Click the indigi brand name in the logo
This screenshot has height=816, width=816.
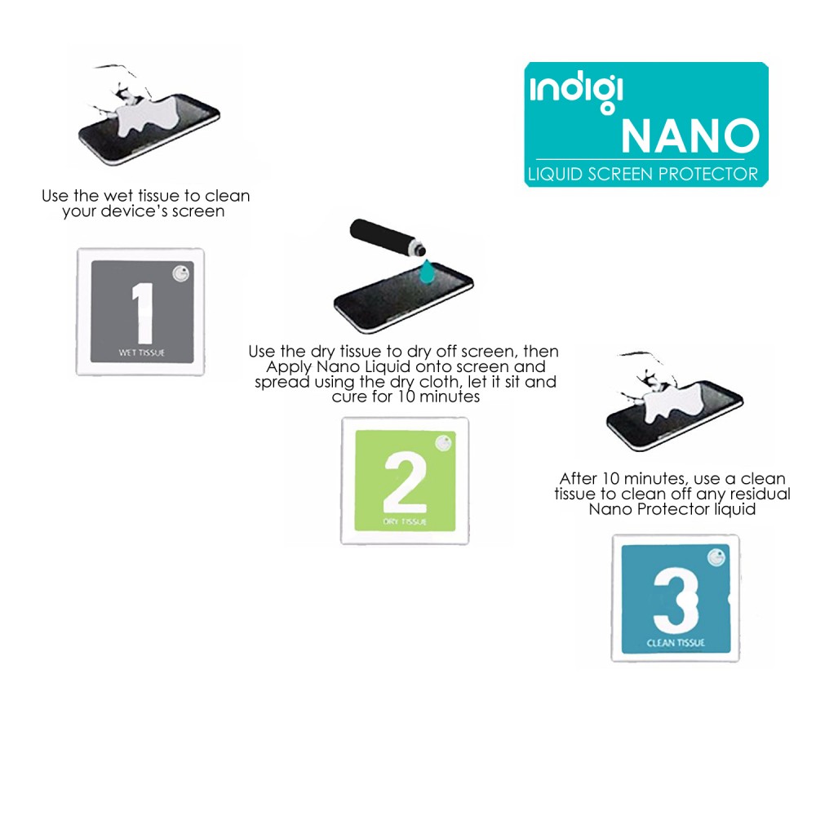tap(576, 94)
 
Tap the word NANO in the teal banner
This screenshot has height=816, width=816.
tap(690, 135)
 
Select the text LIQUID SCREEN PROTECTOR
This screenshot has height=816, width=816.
tap(643, 174)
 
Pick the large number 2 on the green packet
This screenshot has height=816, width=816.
tap(405, 482)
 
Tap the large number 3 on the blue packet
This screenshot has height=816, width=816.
tap(676, 600)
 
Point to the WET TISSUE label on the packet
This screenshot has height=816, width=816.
tap(141, 353)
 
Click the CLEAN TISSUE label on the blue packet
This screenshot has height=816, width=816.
tap(676, 643)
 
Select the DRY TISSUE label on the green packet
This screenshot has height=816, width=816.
tap(405, 521)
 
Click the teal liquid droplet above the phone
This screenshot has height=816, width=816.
tap(428, 273)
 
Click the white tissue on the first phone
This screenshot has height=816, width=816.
tap(149, 118)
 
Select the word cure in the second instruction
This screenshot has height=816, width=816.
tap(348, 397)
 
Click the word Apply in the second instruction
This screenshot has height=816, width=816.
tap(289, 367)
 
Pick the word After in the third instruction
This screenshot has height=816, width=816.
tap(579, 479)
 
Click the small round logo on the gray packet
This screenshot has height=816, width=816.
tap(181, 273)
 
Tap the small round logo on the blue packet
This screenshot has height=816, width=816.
tap(716, 558)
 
